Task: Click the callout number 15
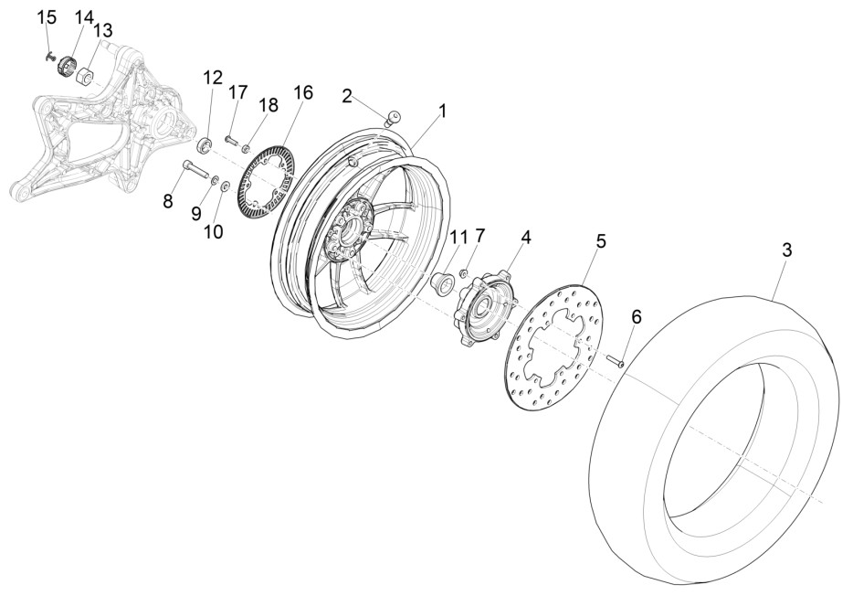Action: pyautogui.click(x=47, y=16)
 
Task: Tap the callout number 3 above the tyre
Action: pyautogui.click(x=786, y=250)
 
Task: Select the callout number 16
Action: pyautogui.click(x=303, y=92)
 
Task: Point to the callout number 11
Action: pyautogui.click(x=458, y=237)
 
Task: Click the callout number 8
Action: pyautogui.click(x=167, y=201)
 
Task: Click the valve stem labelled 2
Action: pyautogui.click(x=393, y=118)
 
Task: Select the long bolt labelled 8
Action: pyautogui.click(x=196, y=168)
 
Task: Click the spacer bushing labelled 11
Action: pyautogui.click(x=442, y=285)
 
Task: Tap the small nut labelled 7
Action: pyautogui.click(x=465, y=271)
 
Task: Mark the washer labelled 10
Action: pyautogui.click(x=225, y=186)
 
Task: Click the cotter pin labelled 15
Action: pyautogui.click(x=50, y=56)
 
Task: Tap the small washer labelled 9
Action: pyautogui.click(x=215, y=179)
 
